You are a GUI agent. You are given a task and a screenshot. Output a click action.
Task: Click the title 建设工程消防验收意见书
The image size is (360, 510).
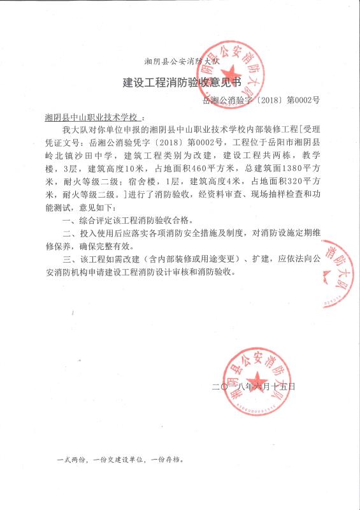point(182,82)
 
